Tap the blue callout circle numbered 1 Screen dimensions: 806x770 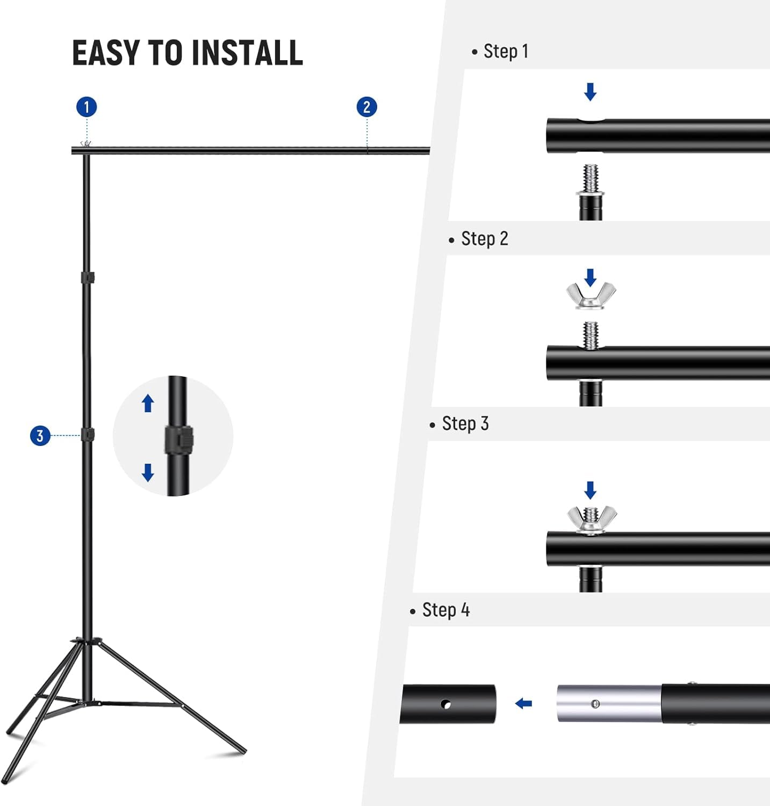point(87,107)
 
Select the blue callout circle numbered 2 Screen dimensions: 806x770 point(366,107)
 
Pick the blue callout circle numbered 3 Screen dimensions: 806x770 point(40,435)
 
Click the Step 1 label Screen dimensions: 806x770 point(506,52)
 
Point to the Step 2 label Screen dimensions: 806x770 point(484,239)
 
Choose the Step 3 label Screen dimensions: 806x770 point(465,424)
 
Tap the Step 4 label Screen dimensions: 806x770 point(445,610)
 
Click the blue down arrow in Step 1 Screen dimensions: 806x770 point(590,92)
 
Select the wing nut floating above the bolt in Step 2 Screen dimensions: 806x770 point(591,296)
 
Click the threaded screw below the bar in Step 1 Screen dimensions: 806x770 point(591,179)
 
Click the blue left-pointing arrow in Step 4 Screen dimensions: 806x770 point(523,703)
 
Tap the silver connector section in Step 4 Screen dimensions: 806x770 point(608,703)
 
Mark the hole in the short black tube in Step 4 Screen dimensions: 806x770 point(445,704)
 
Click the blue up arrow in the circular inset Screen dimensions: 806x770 point(148,403)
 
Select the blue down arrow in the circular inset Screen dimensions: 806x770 point(148,472)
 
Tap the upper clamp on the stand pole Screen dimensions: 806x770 point(88,278)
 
